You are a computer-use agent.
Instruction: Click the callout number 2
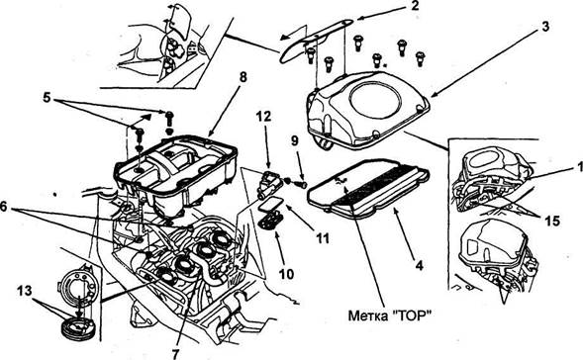(x=414, y=6)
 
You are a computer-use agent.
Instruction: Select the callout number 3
(x=544, y=27)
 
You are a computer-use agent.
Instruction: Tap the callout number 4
(x=419, y=266)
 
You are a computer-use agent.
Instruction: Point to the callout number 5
(x=47, y=97)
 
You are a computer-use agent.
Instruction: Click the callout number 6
(x=4, y=207)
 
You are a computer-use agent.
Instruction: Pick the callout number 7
(x=175, y=353)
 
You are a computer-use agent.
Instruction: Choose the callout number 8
(x=243, y=78)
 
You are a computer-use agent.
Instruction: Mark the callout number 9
(x=295, y=140)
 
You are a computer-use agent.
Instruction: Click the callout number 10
(x=286, y=274)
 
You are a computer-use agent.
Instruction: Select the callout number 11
(x=322, y=238)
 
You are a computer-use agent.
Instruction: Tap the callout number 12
(x=263, y=117)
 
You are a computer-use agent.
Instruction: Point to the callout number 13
(x=25, y=291)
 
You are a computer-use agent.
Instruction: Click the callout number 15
(x=552, y=221)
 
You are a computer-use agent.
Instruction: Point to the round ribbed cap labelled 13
(x=78, y=330)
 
